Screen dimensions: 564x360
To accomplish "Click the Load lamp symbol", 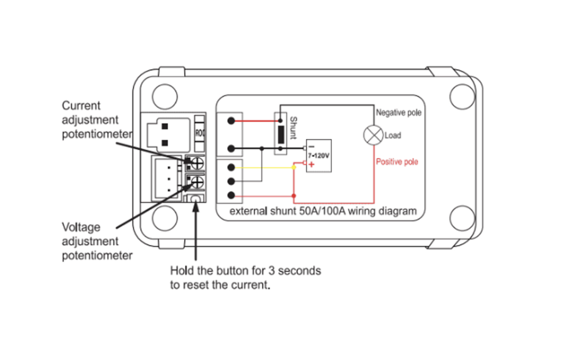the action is pos(373,135).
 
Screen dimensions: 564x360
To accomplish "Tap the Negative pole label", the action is pos(399,113).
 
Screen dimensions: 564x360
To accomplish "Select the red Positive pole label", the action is pos(397,162).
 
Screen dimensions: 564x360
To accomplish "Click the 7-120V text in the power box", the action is pos(318,155).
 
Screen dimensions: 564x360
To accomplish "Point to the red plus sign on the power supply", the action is pos(311,164).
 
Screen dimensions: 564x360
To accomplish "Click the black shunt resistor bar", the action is pos(281,135).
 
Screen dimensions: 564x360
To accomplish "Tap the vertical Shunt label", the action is pos(294,128).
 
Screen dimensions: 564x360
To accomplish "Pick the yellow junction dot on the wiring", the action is pos(294,167).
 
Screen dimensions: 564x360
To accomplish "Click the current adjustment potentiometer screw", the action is pos(197,163).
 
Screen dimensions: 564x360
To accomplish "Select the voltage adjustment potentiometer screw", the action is pos(197,182).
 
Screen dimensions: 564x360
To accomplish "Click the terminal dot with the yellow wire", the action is pos(231,167).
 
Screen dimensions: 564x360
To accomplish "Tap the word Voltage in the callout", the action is pos(81,227).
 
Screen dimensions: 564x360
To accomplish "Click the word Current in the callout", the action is pos(81,105).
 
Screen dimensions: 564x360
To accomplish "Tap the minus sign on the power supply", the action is pos(311,147).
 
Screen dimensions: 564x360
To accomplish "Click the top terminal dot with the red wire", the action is pos(231,121).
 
